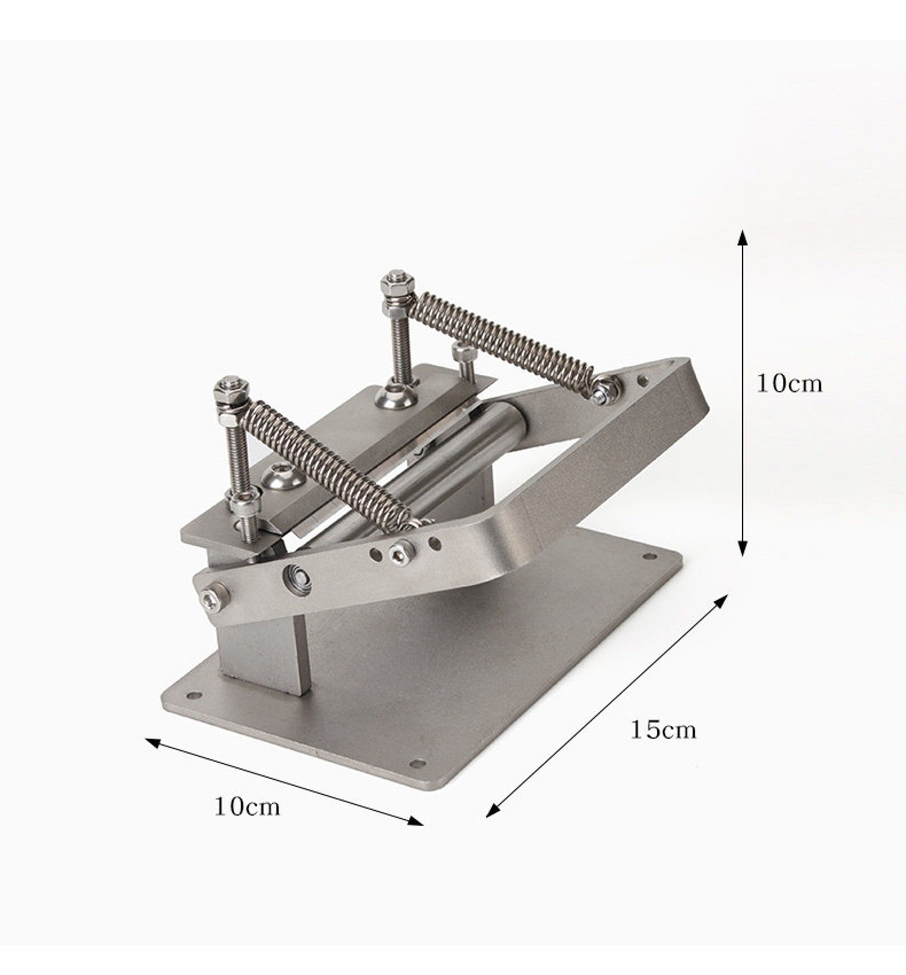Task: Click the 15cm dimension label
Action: point(663,730)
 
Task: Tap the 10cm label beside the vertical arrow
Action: point(790,383)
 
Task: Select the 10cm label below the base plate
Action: point(247,807)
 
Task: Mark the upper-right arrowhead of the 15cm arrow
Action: point(722,600)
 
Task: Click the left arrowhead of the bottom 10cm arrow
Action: point(153,742)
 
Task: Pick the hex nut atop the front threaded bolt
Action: point(230,387)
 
